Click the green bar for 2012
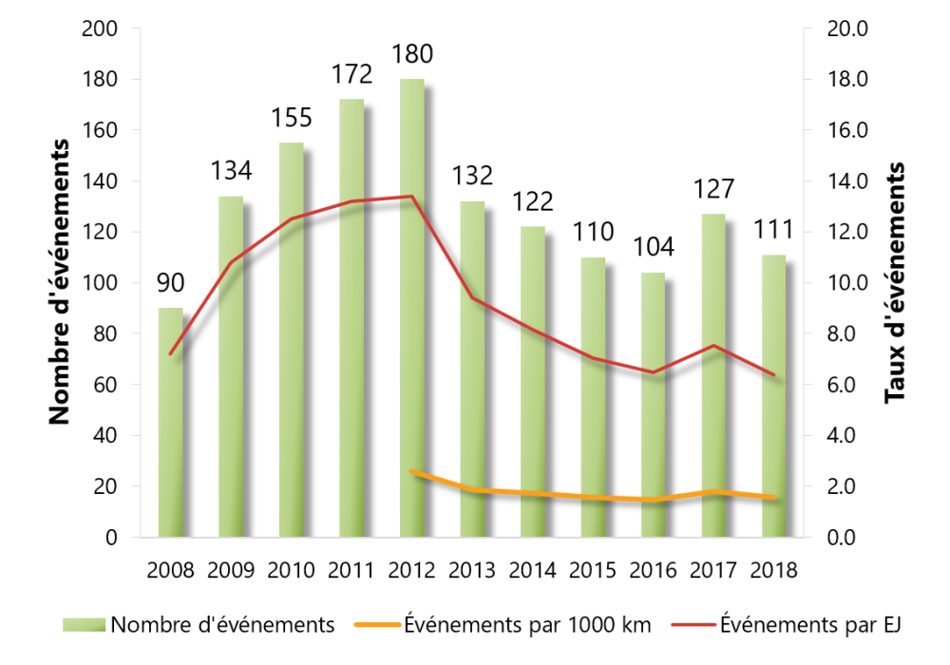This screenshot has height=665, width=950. click(412, 313)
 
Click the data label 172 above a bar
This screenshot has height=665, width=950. click(351, 73)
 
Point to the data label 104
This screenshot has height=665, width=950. click(654, 248)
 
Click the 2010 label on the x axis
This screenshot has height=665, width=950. click(291, 571)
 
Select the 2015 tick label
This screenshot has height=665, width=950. click(593, 571)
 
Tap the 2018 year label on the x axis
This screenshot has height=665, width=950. click(774, 571)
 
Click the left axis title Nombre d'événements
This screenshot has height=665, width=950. click(61, 282)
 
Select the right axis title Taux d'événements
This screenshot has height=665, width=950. click(895, 282)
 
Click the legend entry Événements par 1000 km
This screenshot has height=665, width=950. click(527, 625)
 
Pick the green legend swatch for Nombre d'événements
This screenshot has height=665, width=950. click(84, 625)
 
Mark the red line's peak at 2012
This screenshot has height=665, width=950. click(411, 197)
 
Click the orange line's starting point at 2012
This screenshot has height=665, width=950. click(411, 471)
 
